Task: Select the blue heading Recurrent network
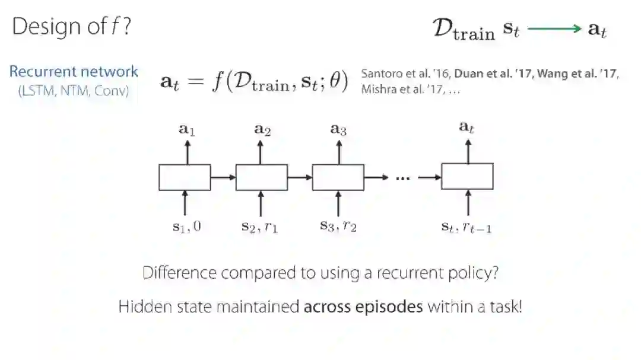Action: [x=74, y=72]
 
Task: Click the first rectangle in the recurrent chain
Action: [x=185, y=177]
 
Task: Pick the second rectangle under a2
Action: [x=261, y=177]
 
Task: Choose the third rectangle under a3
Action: [x=338, y=177]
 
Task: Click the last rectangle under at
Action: [x=467, y=176]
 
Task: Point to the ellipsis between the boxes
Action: [x=402, y=177]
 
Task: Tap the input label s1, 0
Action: [x=186, y=226]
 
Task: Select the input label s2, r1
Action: [x=259, y=227]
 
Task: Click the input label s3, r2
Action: [x=338, y=227]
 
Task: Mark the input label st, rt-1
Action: [x=466, y=227]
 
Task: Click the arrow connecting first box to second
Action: [x=223, y=177]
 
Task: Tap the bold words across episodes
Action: [x=363, y=307]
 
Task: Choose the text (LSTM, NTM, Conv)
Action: [x=74, y=92]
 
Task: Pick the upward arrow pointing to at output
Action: [x=468, y=151]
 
